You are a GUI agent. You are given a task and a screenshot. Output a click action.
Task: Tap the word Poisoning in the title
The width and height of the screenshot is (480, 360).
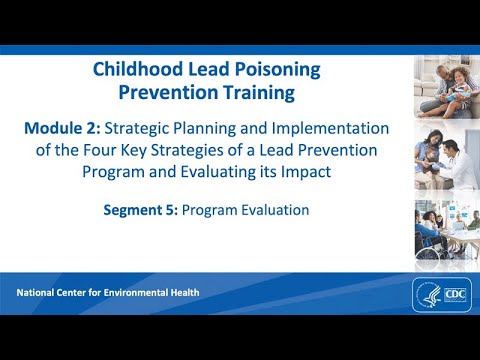pos(277,70)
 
